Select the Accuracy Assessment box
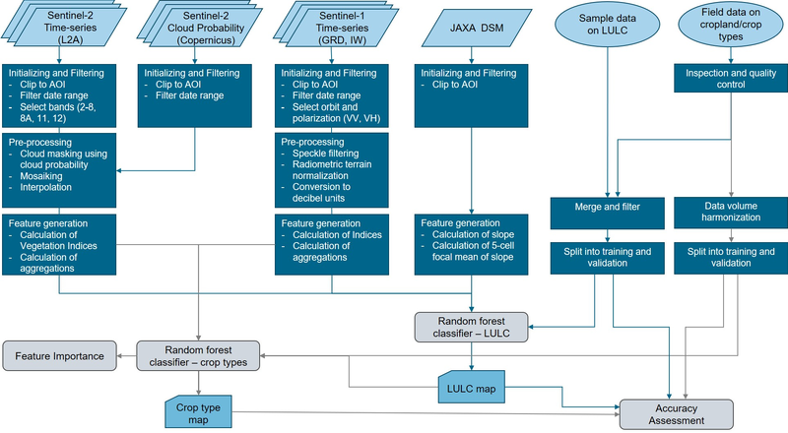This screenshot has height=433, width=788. pyautogui.click(x=676, y=413)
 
